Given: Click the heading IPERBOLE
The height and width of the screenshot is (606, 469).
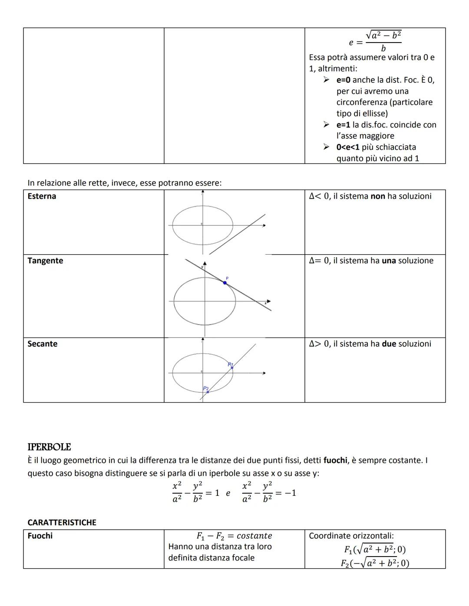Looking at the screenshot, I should tap(49, 447).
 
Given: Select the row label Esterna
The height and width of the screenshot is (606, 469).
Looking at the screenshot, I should tap(42, 196).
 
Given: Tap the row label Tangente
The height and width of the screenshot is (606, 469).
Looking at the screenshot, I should tap(45, 261).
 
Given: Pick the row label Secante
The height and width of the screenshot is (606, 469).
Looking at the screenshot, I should tap(42, 344).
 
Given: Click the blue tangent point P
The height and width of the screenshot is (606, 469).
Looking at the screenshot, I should tap(225, 283).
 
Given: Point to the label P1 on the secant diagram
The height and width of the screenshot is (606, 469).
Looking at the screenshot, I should tap(231, 364).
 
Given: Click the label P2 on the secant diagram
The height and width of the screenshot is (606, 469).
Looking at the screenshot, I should tap(206, 388).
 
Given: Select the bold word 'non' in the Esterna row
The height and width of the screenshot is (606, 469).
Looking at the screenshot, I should tap(378, 196).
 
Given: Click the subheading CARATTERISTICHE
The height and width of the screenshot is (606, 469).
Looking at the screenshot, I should tap(62, 522).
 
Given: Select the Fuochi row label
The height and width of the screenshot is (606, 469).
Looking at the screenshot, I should tap(40, 536).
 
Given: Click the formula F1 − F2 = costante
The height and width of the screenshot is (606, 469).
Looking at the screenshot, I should tap(234, 536).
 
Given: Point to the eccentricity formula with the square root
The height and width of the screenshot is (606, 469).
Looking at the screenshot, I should tap(375, 41).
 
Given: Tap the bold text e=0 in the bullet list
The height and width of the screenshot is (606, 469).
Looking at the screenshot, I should tap(343, 80).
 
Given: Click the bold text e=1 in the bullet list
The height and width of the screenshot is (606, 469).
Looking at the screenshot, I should tap(343, 125).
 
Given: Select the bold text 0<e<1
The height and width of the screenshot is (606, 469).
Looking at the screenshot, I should tap(348, 147).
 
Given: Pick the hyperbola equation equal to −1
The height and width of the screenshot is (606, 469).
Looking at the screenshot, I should tap(269, 492).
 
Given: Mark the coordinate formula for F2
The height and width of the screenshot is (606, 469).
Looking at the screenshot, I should tap(375, 563).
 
